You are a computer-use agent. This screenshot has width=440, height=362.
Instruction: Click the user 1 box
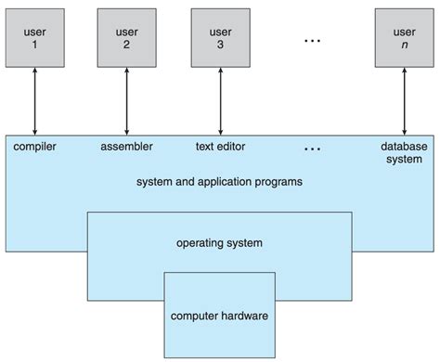[x=33, y=35]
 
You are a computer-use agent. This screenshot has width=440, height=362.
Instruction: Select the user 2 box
[x=126, y=35]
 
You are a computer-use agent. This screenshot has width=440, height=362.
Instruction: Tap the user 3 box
[x=219, y=35]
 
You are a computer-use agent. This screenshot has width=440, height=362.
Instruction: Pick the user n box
[x=405, y=35]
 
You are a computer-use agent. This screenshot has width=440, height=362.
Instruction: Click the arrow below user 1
[x=33, y=101]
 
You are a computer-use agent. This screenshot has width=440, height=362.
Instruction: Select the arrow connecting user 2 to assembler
[x=126, y=101]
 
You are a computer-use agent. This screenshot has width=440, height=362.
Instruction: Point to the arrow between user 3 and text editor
[x=219, y=101]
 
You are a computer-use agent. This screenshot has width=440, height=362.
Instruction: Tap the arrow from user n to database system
[x=405, y=101]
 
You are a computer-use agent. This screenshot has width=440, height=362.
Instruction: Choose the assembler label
[x=126, y=146]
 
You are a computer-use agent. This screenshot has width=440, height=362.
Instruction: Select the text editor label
[x=219, y=146]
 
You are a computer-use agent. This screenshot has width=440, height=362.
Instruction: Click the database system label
[x=405, y=152]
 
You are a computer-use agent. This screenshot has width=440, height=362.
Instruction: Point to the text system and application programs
[x=219, y=182]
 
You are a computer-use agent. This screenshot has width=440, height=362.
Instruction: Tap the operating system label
[x=219, y=243]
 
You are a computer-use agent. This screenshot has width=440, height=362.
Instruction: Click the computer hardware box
[x=219, y=316]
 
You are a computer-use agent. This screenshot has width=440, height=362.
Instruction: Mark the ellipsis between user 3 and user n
[x=313, y=41]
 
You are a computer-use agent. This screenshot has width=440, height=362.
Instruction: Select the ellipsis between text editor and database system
[x=313, y=148]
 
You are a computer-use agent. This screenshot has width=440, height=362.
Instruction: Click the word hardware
[x=243, y=316]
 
